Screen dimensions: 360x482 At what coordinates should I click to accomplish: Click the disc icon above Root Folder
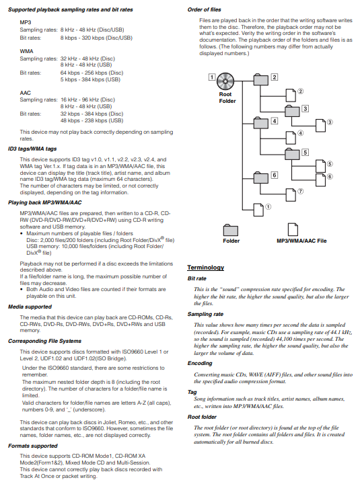click(x=225, y=81)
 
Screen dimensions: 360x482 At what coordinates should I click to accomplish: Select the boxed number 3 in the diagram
click(x=305, y=108)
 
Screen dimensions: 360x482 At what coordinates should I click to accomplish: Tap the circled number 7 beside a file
click(x=301, y=191)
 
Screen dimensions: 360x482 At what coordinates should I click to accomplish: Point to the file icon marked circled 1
click(x=258, y=210)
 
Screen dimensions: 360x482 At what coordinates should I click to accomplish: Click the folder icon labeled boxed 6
click(x=261, y=177)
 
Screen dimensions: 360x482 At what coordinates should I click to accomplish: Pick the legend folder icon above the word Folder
click(x=231, y=230)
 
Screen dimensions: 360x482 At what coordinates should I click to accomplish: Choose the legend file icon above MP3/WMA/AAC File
click(x=293, y=229)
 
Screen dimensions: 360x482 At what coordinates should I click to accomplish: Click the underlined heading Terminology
click(x=205, y=268)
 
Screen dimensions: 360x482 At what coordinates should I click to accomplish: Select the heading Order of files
click(x=205, y=9)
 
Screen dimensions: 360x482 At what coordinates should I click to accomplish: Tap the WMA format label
click(x=26, y=51)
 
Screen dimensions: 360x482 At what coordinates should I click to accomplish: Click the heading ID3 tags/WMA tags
click(x=32, y=149)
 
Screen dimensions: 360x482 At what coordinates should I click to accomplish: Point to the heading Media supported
click(x=30, y=307)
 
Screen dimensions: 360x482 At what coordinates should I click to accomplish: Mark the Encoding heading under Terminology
click(x=200, y=363)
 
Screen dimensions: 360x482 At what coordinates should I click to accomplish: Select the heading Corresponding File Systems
click(x=44, y=341)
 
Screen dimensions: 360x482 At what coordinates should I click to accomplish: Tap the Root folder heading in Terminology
click(x=202, y=417)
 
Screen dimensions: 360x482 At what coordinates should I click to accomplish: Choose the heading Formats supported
click(x=32, y=446)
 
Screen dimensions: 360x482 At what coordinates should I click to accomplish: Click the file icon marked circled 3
click(x=320, y=126)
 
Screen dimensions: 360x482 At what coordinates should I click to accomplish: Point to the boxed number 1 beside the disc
click(x=212, y=77)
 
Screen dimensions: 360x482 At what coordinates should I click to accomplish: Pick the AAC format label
click(x=25, y=93)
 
